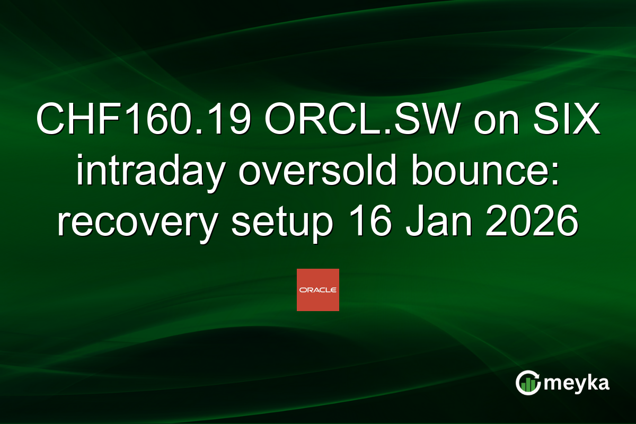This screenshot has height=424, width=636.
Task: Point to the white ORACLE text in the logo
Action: pyautogui.click(x=317, y=290)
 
